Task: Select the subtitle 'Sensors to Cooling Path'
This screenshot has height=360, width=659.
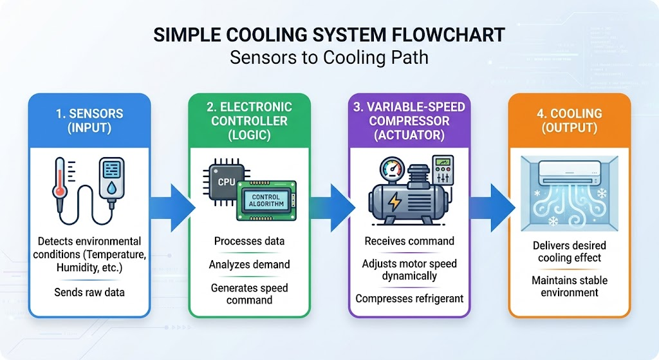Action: coord(329,57)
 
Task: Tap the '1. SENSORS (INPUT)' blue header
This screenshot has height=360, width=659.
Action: coord(89,120)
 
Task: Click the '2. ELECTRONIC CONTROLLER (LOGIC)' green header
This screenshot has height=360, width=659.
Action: coord(250,120)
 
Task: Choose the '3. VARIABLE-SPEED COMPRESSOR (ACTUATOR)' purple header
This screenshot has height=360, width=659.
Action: coord(409,120)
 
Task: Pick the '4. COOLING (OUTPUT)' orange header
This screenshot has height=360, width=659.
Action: coord(570,120)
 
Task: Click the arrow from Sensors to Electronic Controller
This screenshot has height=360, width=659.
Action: coord(172,208)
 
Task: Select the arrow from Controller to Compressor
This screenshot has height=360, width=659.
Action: coord(333,208)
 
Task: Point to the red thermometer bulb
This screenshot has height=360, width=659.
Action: coord(60,191)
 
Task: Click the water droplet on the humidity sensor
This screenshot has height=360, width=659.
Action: coord(111,189)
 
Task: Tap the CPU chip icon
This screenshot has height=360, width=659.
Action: coord(224,182)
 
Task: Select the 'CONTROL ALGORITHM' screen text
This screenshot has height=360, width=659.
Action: coord(266,200)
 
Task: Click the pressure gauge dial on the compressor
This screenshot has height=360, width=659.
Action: coord(392,170)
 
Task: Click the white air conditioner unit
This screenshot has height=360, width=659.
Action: coord(570,174)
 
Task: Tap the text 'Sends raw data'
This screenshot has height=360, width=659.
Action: coord(89,292)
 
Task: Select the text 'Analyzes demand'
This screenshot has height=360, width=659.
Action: coord(250,265)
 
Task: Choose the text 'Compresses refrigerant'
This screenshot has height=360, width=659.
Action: coord(409,299)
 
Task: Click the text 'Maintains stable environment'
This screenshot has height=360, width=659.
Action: coord(570,287)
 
